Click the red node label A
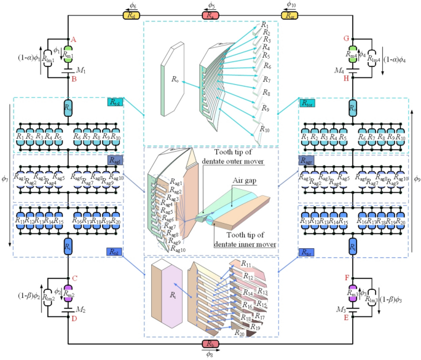(73, 39)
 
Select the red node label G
(345, 39)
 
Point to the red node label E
(345, 318)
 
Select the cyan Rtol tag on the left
(114, 102)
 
